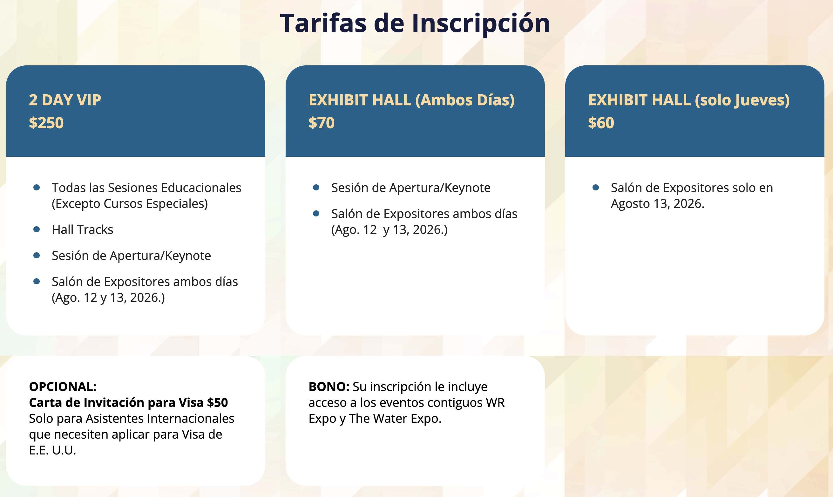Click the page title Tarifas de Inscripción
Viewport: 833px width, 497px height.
(x=415, y=23)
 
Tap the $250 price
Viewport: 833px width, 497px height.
(x=46, y=123)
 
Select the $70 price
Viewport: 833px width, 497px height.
(x=322, y=123)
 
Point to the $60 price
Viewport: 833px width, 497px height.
(x=601, y=123)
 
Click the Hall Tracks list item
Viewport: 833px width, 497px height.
(x=83, y=230)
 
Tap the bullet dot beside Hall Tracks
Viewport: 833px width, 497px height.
(x=37, y=229)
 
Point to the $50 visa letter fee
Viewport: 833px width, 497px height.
(x=218, y=402)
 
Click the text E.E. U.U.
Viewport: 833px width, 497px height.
(x=53, y=450)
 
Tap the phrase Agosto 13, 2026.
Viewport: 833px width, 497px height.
(x=658, y=204)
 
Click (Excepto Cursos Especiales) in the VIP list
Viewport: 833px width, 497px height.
(x=130, y=204)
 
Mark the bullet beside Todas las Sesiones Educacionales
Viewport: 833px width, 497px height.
(x=37, y=188)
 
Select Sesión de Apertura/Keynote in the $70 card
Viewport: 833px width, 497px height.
(x=411, y=188)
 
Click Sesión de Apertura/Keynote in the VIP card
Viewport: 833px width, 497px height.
(x=132, y=256)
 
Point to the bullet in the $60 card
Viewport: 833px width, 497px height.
(x=596, y=188)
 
